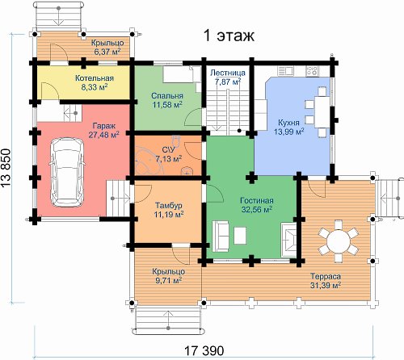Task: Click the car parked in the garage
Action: pyautogui.click(x=67, y=173)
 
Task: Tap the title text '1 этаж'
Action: pyautogui.click(x=229, y=35)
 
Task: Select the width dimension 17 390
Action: pyautogui.click(x=204, y=350)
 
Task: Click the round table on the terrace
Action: pyautogui.click(x=339, y=241)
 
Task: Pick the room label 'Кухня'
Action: pyautogui.click(x=288, y=123)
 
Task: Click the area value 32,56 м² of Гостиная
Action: pyautogui.click(x=256, y=209)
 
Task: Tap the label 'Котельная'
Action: pyautogui.click(x=95, y=78)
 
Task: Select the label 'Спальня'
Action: pyautogui.click(x=167, y=96)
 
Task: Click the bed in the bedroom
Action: pyautogui.click(x=179, y=74)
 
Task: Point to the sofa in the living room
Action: pyautogui.click(x=221, y=236)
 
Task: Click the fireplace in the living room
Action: pyautogui.click(x=288, y=240)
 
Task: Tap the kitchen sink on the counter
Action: pyautogui.click(x=285, y=71)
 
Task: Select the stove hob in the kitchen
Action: pyautogui.click(x=312, y=71)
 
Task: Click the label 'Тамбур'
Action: pyautogui.click(x=169, y=205)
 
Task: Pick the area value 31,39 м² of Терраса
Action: pyautogui.click(x=326, y=285)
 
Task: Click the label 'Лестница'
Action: pyautogui.click(x=228, y=73)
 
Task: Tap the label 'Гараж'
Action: pyautogui.click(x=104, y=126)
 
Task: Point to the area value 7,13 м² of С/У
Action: pyautogui.click(x=169, y=159)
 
